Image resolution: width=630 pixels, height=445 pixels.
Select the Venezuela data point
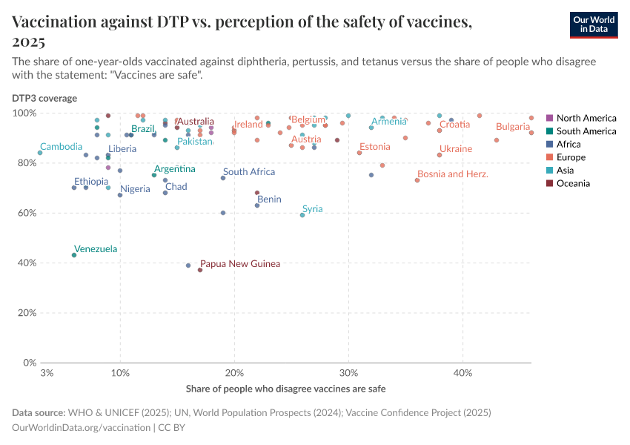coord(74,255)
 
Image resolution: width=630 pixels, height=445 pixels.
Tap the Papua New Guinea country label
coord(240,263)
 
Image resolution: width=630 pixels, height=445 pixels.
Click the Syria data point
coord(302,215)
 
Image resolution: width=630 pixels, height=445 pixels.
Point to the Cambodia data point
coord(40,153)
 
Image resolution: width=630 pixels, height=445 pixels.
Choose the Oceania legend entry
coord(573,183)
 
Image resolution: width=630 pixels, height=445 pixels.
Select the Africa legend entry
coord(568,144)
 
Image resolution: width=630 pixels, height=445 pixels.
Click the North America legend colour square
coord(549,118)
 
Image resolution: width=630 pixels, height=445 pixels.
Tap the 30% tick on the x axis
coord(348,372)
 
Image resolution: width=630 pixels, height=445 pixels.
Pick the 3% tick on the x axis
coord(47,372)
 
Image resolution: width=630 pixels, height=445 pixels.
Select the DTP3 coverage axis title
coord(44,98)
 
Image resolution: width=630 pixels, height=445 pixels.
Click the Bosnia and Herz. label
coord(452,174)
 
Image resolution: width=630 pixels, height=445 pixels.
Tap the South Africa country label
coord(249,172)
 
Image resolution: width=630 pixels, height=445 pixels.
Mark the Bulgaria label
coord(513,127)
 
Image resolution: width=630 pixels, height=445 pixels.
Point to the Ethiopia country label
coord(91,182)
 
